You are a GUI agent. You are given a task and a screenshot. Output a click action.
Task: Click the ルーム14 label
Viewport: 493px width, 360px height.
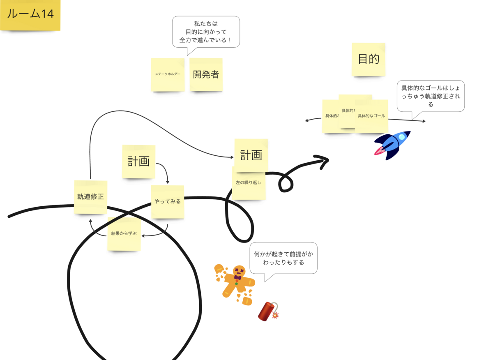point(30,14)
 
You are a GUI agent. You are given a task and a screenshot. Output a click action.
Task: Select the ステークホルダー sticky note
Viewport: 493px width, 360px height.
point(167,74)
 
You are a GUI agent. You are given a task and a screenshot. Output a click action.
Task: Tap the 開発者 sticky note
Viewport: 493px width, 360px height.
point(206,74)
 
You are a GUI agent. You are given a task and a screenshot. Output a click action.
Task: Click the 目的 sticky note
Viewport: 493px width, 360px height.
point(369,59)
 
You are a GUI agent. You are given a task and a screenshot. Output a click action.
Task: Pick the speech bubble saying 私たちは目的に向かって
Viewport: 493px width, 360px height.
point(206,31)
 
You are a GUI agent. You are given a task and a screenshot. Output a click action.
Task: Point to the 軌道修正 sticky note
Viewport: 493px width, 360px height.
point(90,197)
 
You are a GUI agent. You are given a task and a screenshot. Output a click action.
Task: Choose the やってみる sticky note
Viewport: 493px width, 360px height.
point(168,201)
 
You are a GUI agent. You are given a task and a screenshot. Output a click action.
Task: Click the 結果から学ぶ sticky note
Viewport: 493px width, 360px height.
point(124,234)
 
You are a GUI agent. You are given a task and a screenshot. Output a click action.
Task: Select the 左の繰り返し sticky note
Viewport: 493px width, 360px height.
point(249,183)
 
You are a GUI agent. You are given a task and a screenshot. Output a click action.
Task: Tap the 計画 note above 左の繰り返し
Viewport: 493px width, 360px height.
point(251,155)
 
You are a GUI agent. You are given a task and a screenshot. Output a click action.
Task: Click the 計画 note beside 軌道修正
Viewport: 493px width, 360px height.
point(138,162)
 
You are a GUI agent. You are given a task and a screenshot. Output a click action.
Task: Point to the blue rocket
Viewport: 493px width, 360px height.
point(392,145)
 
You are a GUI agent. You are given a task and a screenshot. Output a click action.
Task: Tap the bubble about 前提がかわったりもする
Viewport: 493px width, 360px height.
point(283,258)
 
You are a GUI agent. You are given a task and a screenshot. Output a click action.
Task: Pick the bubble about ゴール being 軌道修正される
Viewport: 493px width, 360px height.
point(431,96)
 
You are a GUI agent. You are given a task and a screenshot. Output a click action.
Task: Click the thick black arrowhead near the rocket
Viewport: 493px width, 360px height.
point(323,161)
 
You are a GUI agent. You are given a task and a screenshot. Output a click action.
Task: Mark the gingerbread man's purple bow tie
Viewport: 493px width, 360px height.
point(237,277)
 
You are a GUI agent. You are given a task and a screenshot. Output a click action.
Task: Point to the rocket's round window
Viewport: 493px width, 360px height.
point(401,137)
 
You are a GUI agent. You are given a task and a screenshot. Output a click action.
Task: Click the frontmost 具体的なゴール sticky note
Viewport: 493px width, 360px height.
point(371,116)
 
